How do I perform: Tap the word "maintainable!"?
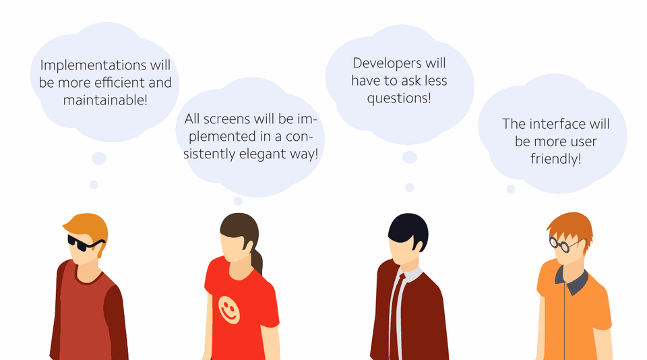105,100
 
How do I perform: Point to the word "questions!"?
399,98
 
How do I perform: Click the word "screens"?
227,119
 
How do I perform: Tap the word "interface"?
557,124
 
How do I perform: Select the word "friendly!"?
556,159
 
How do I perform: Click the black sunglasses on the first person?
85,243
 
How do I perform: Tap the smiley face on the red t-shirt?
229,309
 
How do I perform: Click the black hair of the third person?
408,231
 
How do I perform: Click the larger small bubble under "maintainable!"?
99,158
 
